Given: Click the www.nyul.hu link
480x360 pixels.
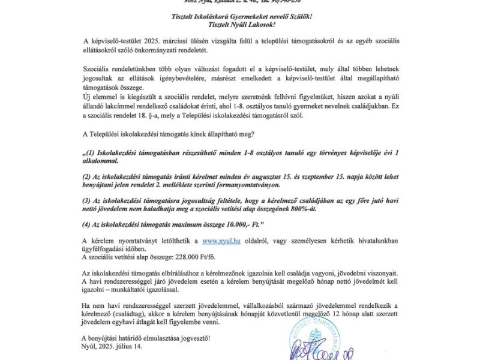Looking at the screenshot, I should (221, 241).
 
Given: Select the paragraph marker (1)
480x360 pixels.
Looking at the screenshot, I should (89, 153).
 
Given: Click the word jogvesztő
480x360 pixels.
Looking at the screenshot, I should (193, 338).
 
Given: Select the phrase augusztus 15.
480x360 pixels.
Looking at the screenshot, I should (281, 177).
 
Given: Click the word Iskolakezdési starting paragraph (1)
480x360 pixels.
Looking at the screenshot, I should (118, 153).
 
